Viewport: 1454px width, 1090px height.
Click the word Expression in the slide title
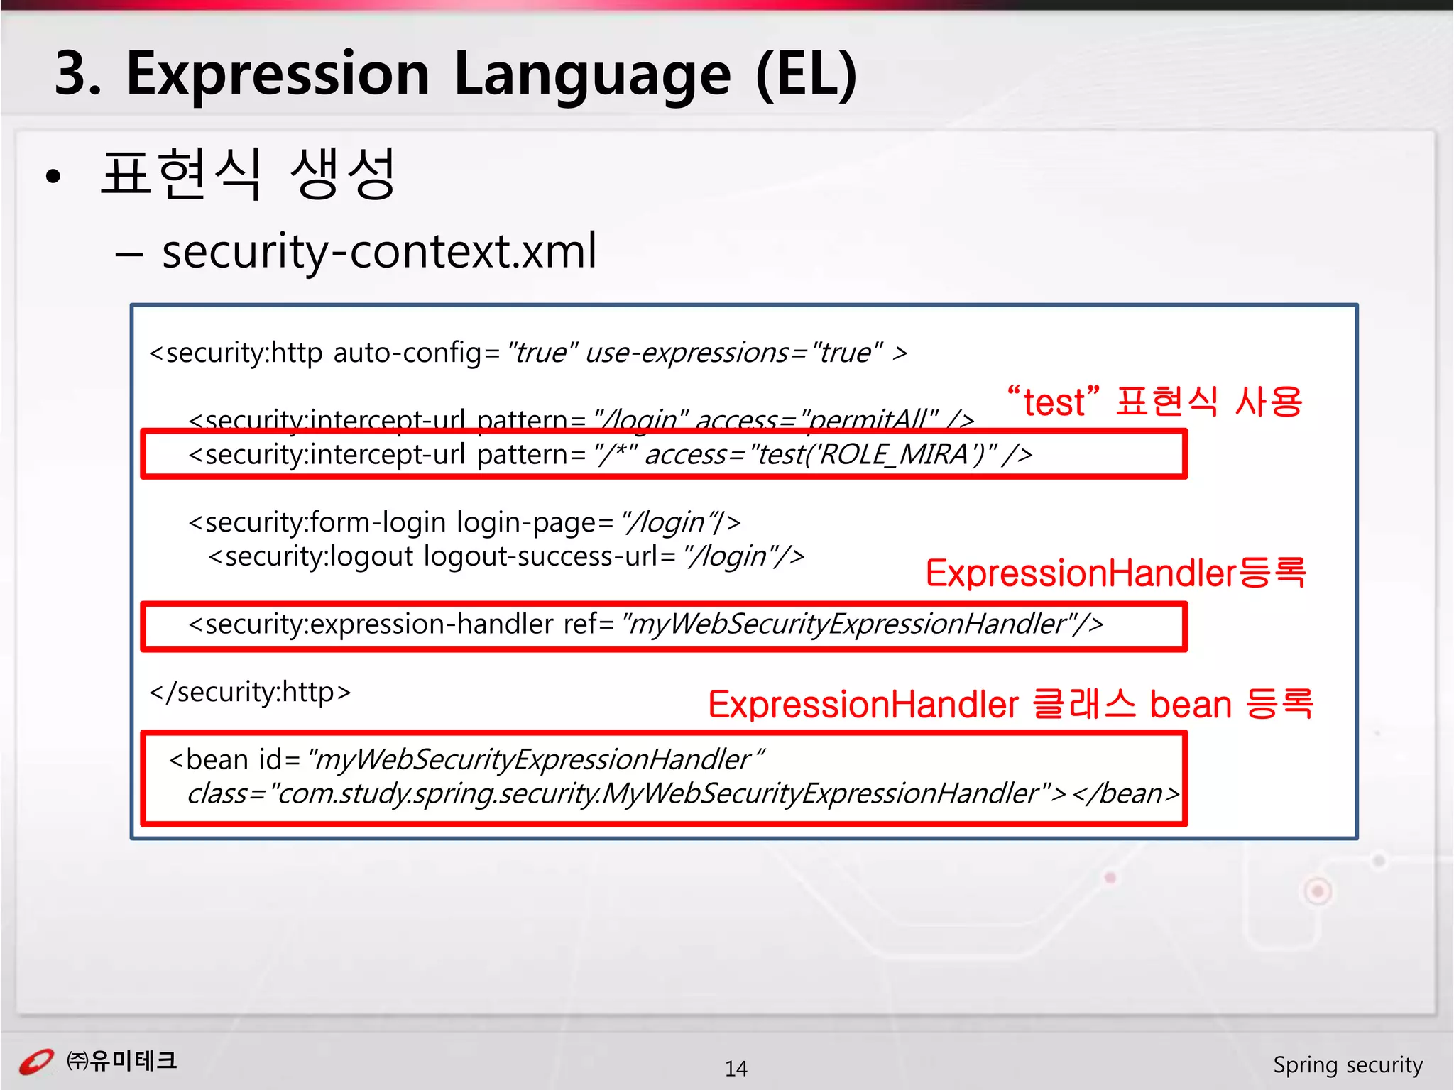[278, 75]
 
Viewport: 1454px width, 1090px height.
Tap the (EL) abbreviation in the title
[806, 75]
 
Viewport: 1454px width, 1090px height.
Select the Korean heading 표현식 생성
[248, 174]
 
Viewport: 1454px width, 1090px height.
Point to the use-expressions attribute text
[686, 353]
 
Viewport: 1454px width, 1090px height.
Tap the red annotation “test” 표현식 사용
[1155, 402]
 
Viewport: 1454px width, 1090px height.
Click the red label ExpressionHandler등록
[1115, 573]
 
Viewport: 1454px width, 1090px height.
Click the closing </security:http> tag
[250, 692]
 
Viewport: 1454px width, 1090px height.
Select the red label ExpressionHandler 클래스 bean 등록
[1010, 705]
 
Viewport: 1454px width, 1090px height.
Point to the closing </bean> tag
[1125, 793]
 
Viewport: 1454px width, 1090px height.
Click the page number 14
[736, 1068]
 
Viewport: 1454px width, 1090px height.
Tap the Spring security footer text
[1347, 1065]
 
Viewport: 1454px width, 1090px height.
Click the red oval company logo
[35, 1062]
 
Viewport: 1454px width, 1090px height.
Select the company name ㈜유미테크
[121, 1061]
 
